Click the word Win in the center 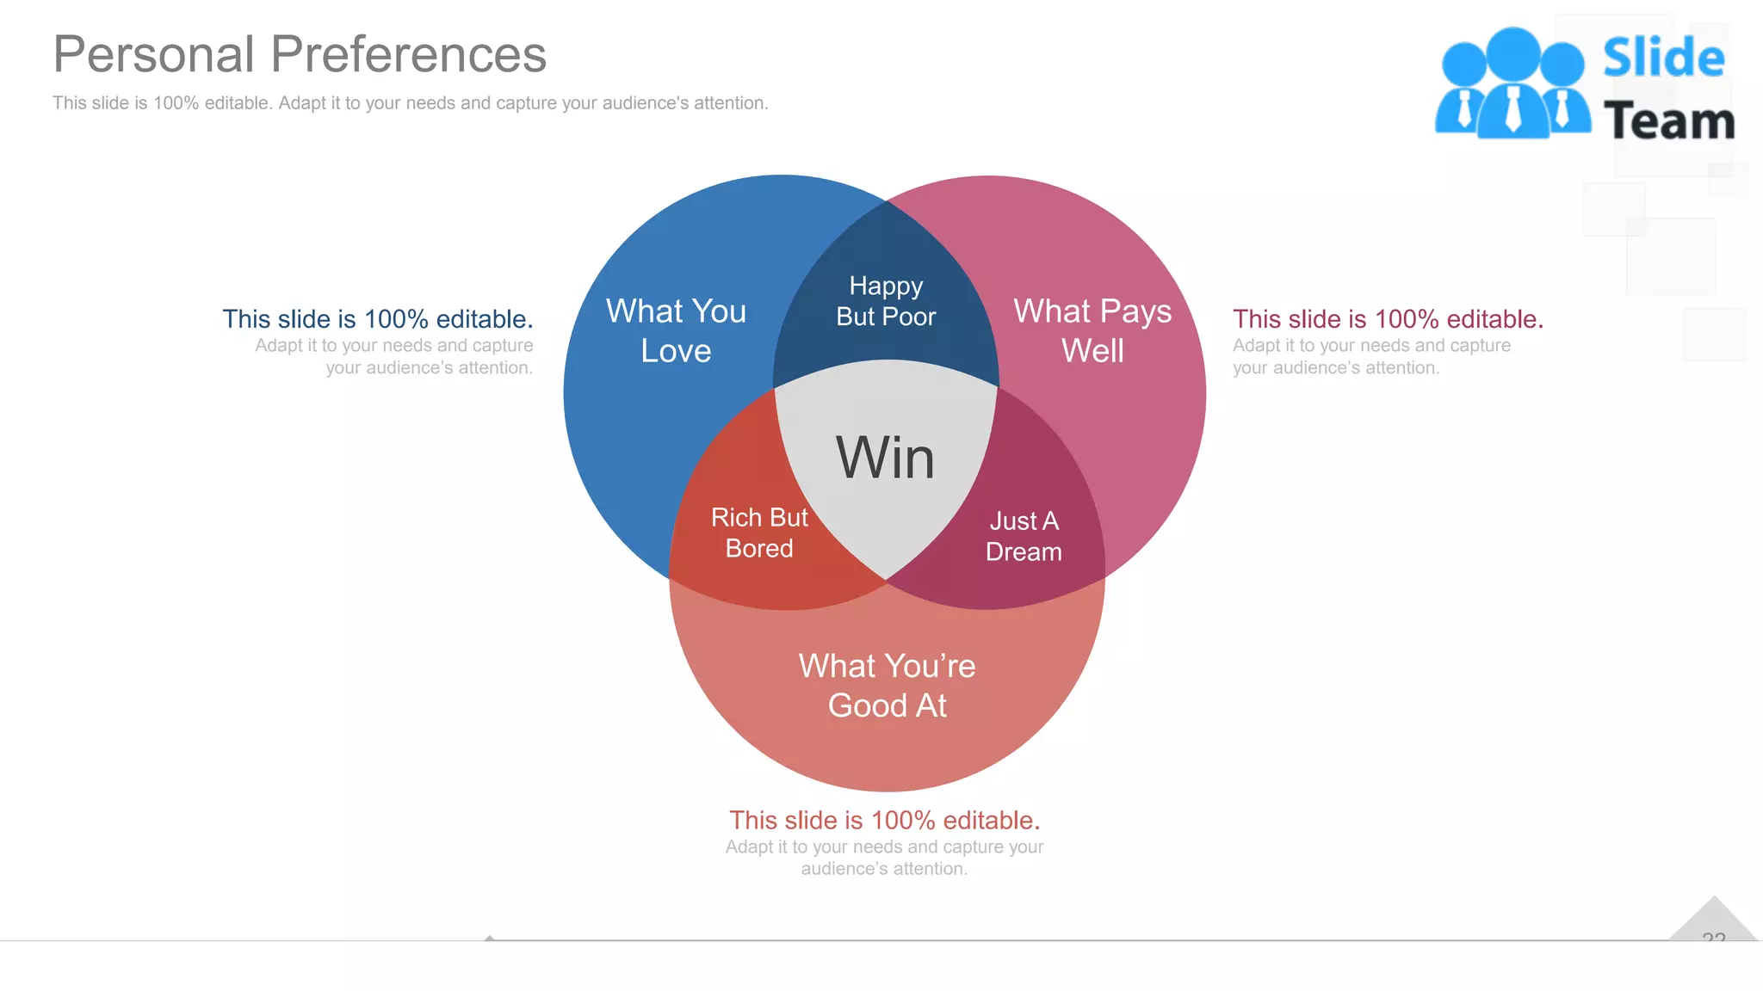point(885,458)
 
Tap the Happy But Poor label point(886,301)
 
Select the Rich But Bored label point(759,532)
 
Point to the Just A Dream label point(1024,536)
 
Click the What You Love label point(676,330)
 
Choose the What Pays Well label point(1092,330)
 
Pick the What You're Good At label point(887,686)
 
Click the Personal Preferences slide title point(300,54)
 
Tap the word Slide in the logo point(1663,58)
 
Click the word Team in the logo point(1668,120)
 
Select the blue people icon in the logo point(1512,83)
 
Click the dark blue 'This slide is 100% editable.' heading point(378,319)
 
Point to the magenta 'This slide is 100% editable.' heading point(1388,319)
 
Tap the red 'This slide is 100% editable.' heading point(885,820)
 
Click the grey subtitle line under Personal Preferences point(410,103)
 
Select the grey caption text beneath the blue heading point(394,356)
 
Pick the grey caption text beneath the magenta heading point(1371,356)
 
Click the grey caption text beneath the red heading point(884,858)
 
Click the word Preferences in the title point(409,54)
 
